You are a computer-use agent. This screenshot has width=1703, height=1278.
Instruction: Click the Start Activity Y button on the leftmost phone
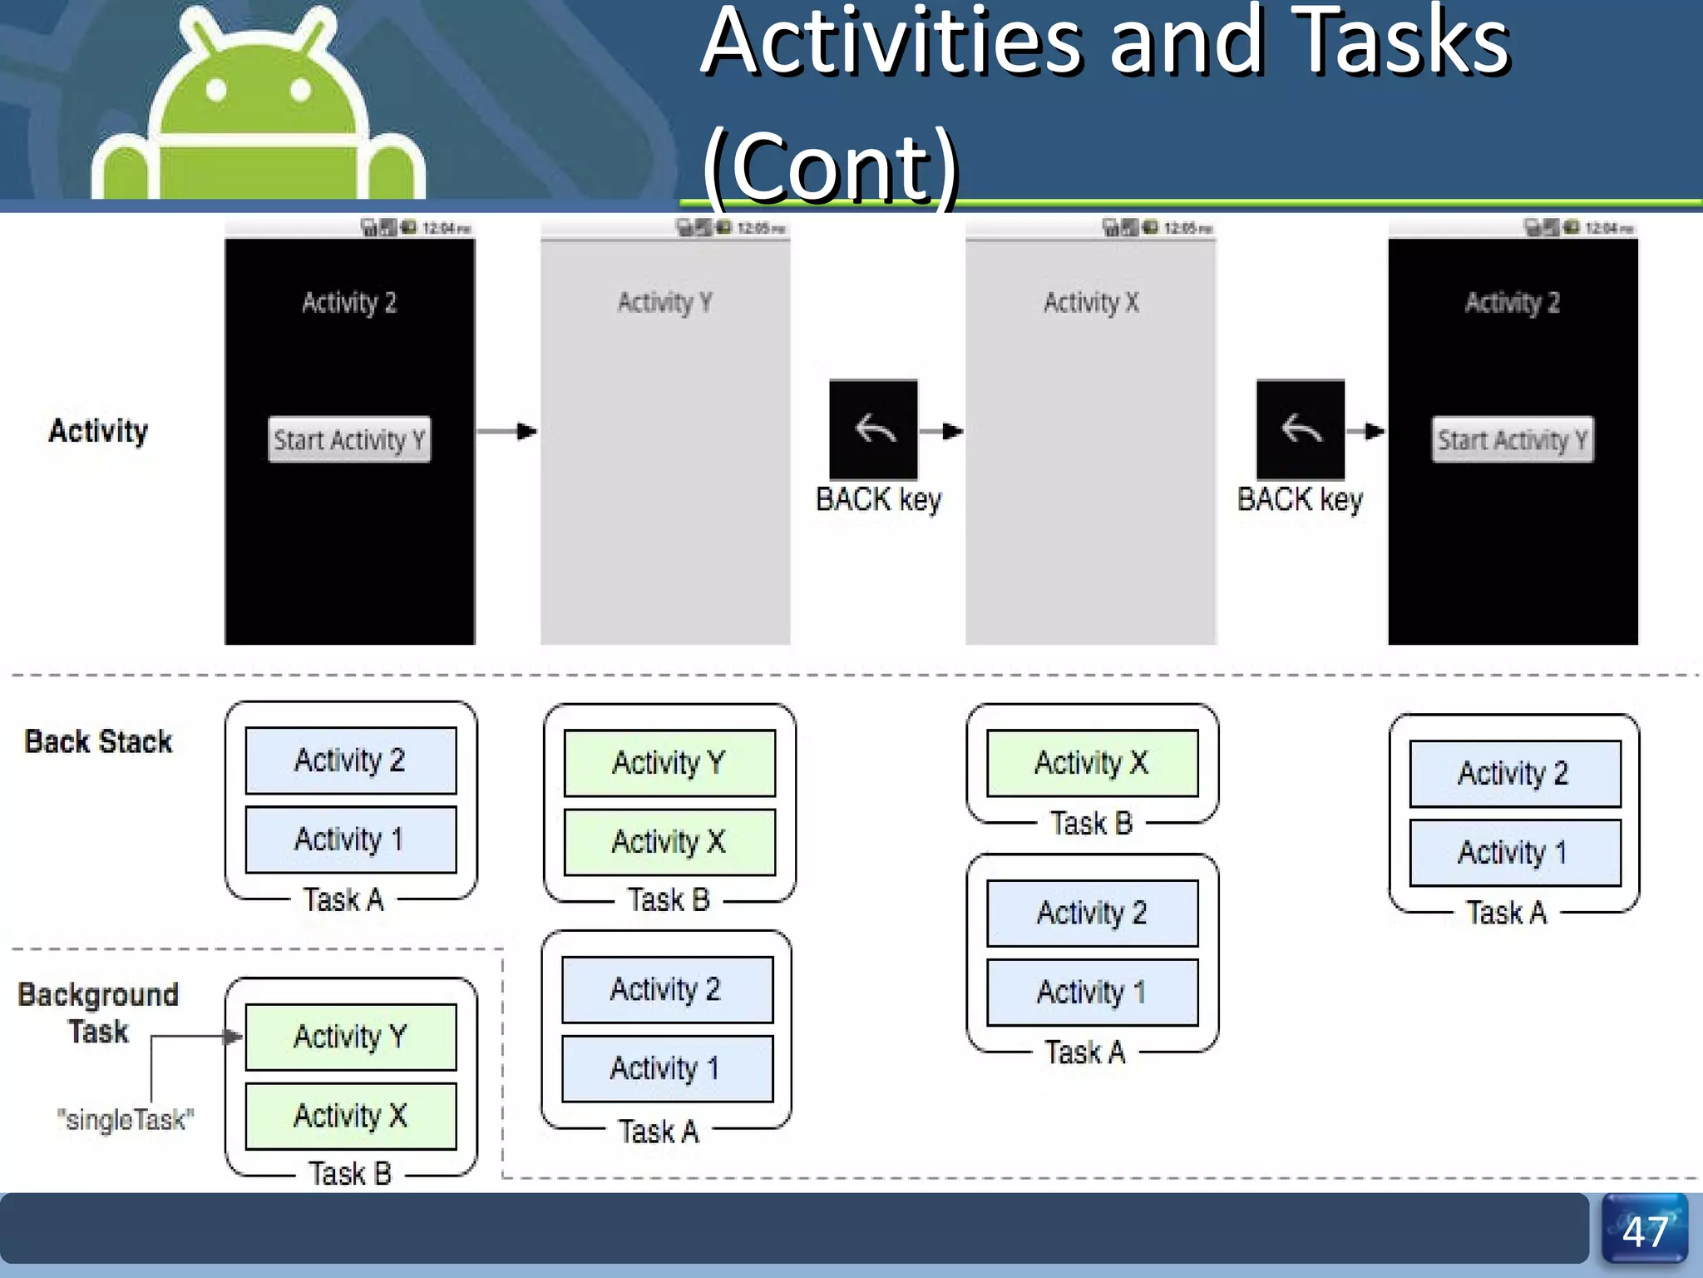pyautogui.click(x=349, y=439)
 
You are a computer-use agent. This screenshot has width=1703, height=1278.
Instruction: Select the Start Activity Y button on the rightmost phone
pyautogui.click(x=1512, y=439)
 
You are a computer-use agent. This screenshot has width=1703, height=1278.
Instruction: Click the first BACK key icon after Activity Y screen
pyautogui.click(x=873, y=429)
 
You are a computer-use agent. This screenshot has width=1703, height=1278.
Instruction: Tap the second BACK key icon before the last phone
pyautogui.click(x=1300, y=429)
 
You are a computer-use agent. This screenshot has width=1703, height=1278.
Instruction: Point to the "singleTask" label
pyautogui.click(x=126, y=1120)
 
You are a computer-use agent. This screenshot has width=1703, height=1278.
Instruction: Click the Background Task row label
pyautogui.click(x=98, y=1013)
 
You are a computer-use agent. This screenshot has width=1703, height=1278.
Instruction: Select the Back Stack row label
pyautogui.click(x=98, y=741)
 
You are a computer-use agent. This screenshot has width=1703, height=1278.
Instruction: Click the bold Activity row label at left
pyautogui.click(x=98, y=431)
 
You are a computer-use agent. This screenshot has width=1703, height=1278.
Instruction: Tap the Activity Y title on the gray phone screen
pyautogui.click(x=664, y=302)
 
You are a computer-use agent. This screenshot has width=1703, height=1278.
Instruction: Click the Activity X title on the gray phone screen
pyautogui.click(x=1091, y=302)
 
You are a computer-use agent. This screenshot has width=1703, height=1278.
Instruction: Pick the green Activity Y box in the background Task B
pyautogui.click(x=350, y=1037)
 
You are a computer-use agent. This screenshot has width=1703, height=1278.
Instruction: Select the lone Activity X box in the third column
pyautogui.click(x=1092, y=763)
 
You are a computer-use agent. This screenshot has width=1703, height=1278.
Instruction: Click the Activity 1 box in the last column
pyautogui.click(x=1514, y=853)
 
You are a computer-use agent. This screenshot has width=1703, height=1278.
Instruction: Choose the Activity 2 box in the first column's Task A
pyautogui.click(x=350, y=760)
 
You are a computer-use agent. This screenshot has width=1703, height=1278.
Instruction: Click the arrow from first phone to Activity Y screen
pyautogui.click(x=507, y=431)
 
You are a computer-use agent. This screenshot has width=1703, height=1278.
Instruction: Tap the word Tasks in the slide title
pyautogui.click(x=1402, y=42)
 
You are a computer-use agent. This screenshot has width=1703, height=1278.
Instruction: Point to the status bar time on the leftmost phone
pyautogui.click(x=446, y=228)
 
